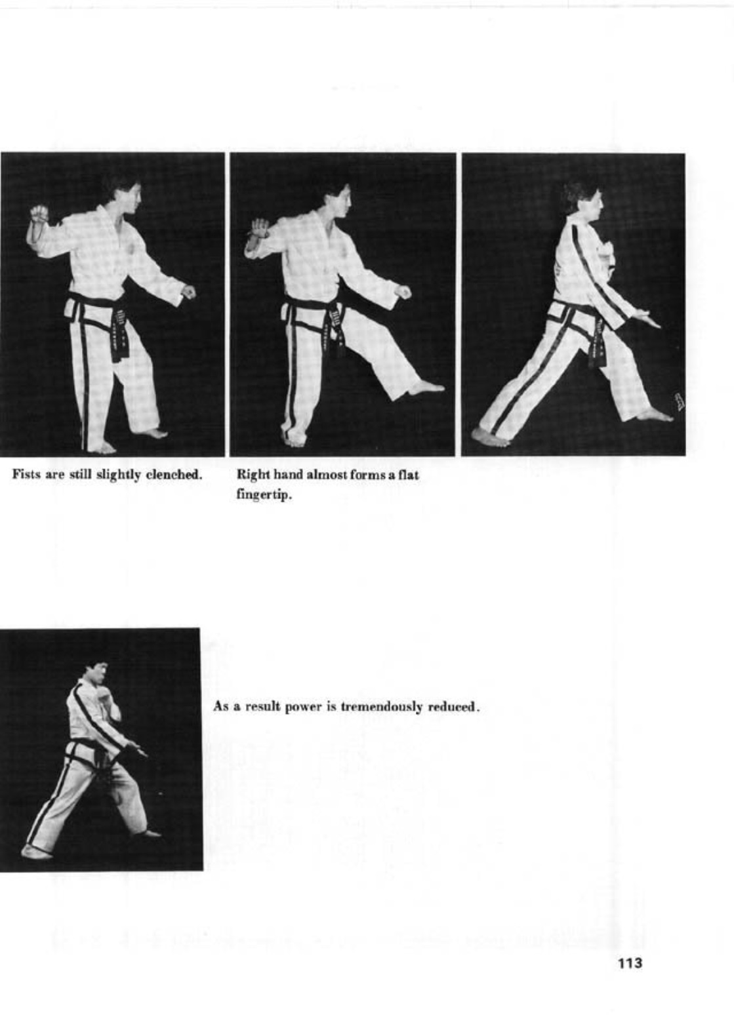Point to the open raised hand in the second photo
point(259,228)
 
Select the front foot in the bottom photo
point(150,833)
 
